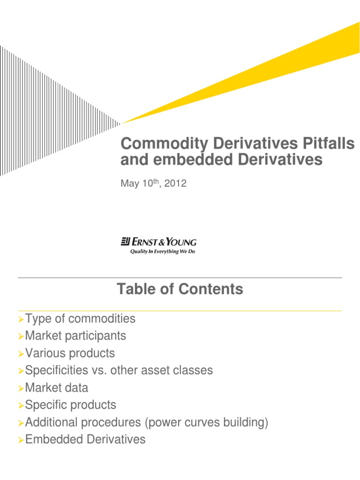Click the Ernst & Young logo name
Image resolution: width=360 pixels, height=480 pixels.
pos(163,242)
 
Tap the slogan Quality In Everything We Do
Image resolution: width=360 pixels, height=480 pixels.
pos(162,252)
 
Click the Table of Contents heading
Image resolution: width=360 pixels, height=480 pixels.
pos(180,289)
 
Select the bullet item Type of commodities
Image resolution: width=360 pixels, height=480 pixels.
pos(80,319)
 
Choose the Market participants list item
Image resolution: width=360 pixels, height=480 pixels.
pos(75,336)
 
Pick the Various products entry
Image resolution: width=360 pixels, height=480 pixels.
pos(70,353)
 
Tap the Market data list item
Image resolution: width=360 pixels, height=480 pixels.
pos(57,388)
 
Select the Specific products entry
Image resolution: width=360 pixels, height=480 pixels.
pos(71,405)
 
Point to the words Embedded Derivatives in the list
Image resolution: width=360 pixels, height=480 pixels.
pos(85,440)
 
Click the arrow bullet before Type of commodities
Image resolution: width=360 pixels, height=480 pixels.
pos(21,320)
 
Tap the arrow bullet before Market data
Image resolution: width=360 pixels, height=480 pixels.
pos(21,389)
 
